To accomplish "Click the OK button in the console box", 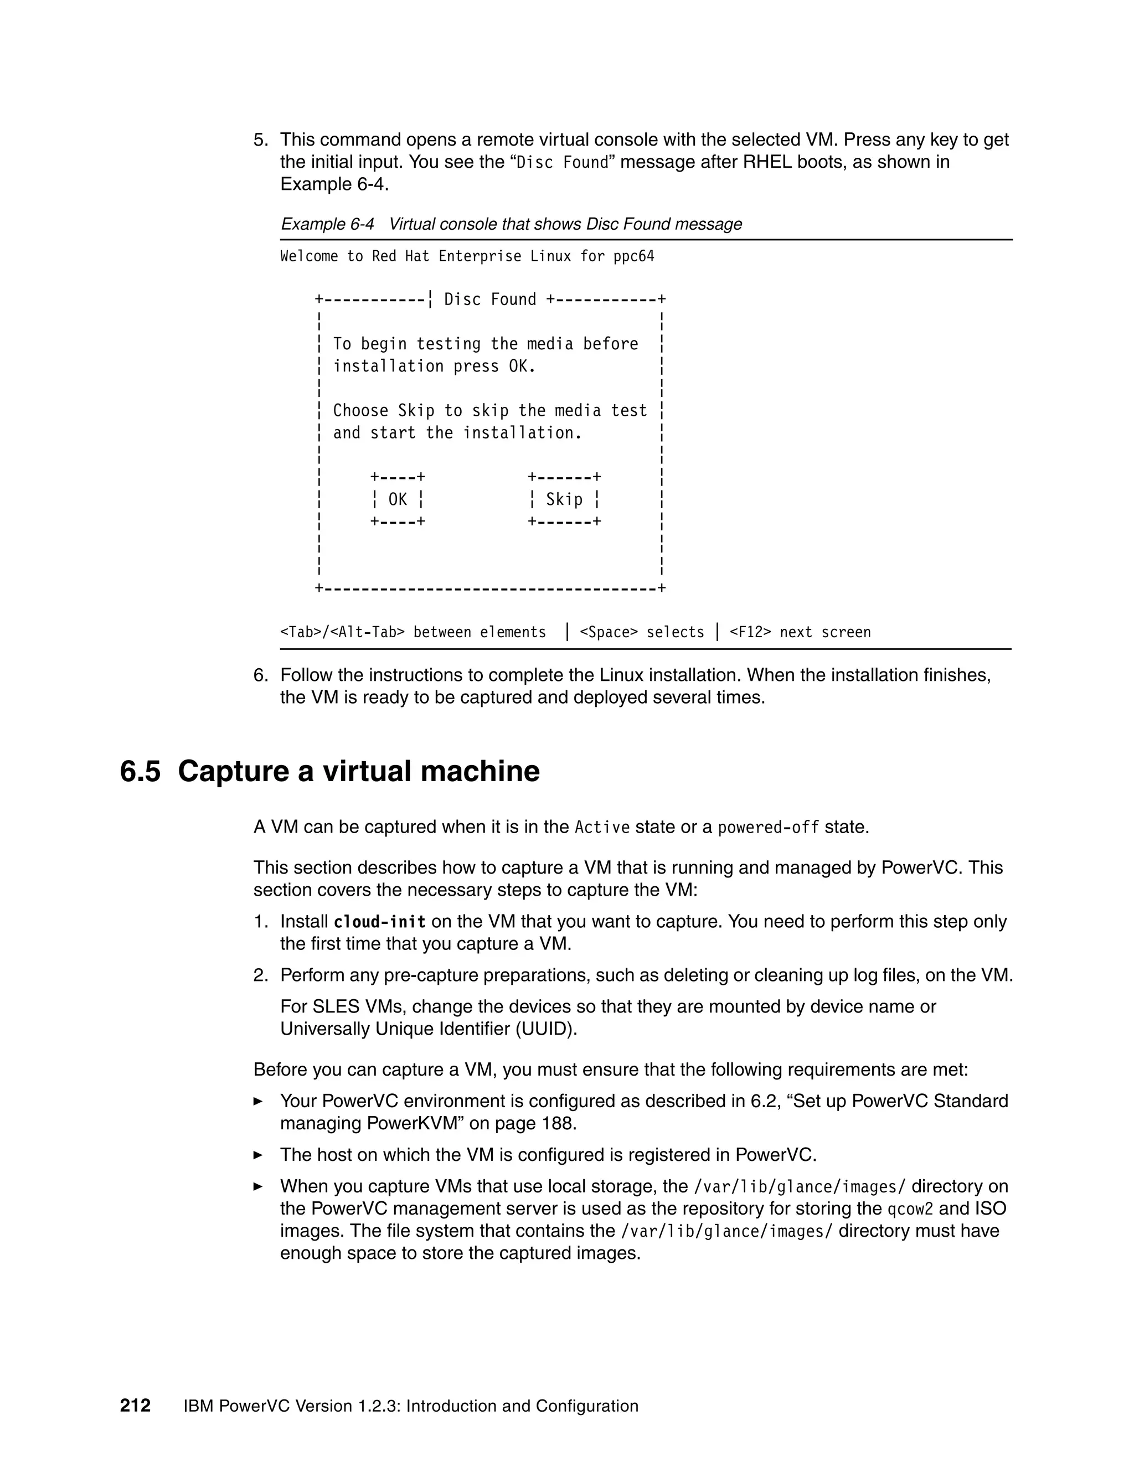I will coord(398,499).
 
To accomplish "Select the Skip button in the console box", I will coord(564,499).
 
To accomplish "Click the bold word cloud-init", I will coord(379,922).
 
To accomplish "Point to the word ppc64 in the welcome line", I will coord(633,256).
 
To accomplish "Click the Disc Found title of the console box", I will coord(491,299).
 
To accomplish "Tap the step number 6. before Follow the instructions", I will coord(261,674).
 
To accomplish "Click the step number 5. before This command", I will coord(261,140).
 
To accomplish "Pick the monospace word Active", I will coord(602,827).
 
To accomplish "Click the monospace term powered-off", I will coord(768,827).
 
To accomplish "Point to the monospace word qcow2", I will coord(910,1209).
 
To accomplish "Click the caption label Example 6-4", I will coord(327,224).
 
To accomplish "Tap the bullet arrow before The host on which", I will coord(258,1155).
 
